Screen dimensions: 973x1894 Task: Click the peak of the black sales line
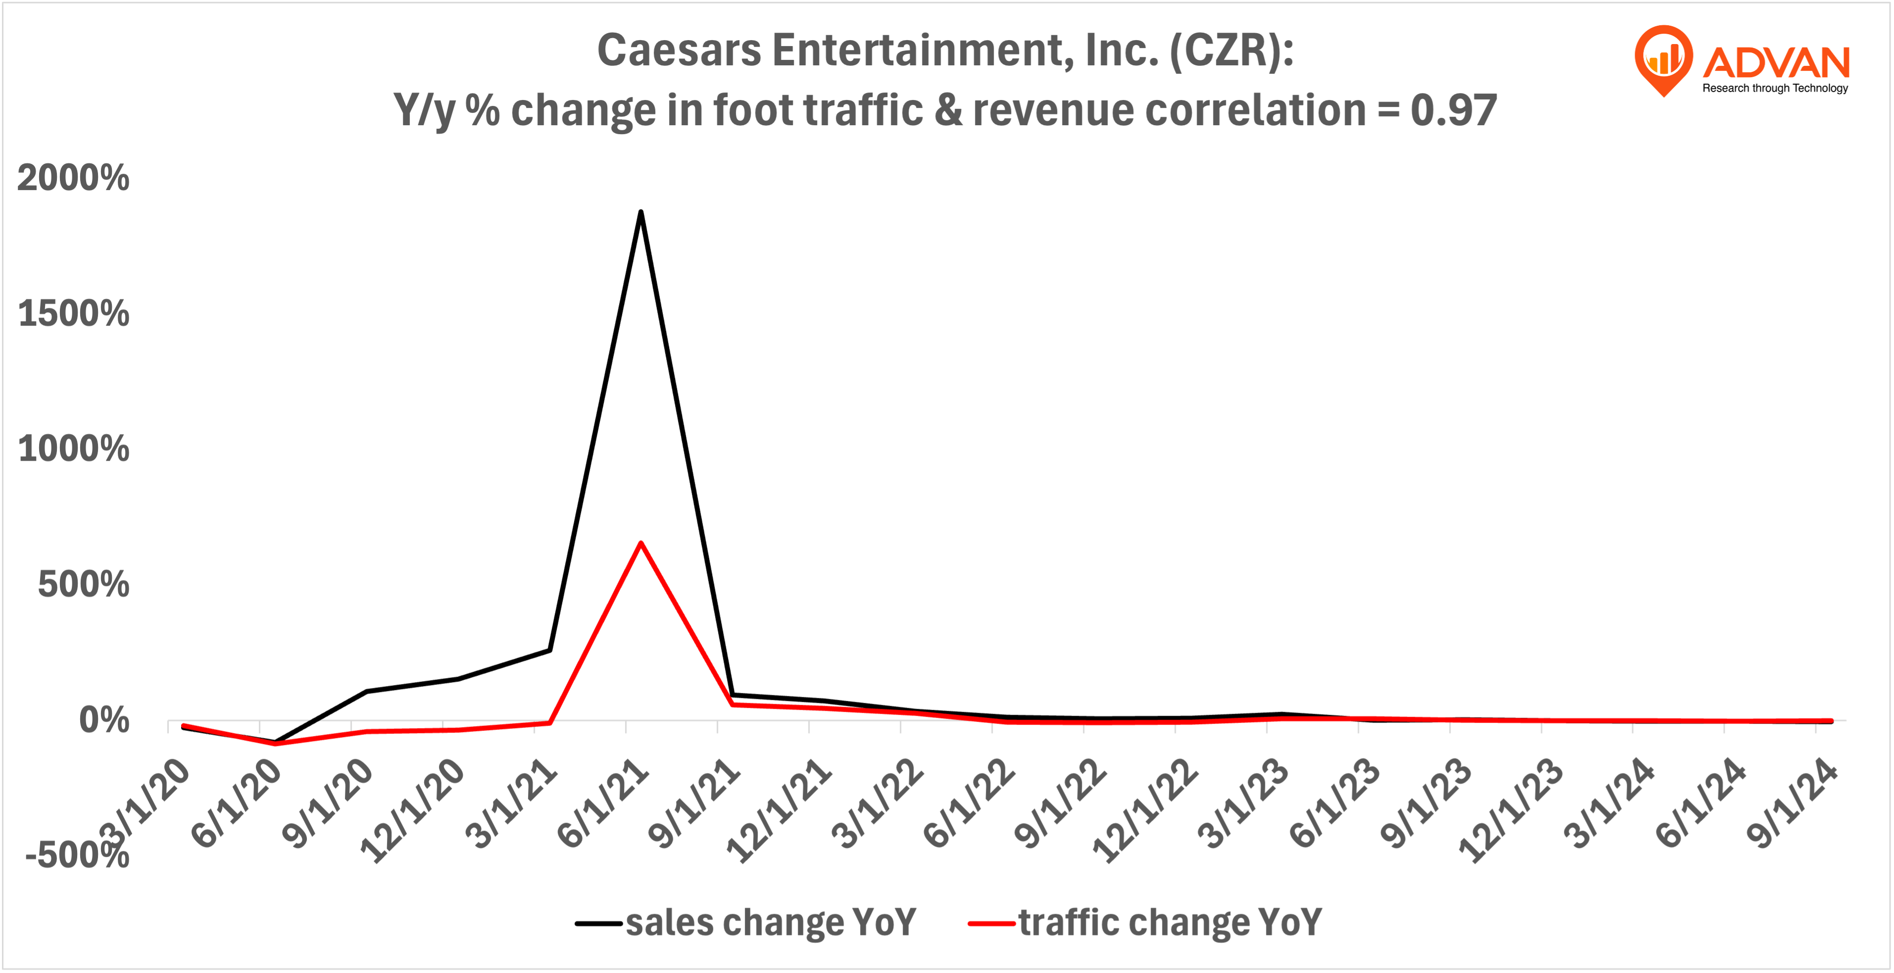pyautogui.click(x=640, y=212)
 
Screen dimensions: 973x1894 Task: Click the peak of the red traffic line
pyautogui.click(x=640, y=543)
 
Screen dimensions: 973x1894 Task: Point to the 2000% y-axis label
pyautogui.click(x=73, y=178)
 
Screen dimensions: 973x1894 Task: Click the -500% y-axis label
pyautogui.click(x=77, y=855)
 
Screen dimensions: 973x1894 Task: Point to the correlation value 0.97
pyautogui.click(x=1453, y=110)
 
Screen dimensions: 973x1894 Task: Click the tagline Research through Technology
pyautogui.click(x=1775, y=88)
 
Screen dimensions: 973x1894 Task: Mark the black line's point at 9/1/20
pyautogui.click(x=366, y=691)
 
